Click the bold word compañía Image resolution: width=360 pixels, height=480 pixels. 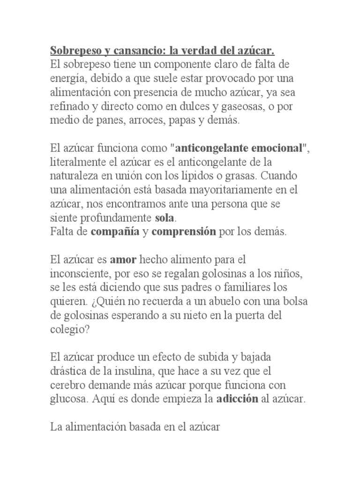(115, 232)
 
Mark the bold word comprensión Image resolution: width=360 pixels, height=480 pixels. (183, 232)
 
